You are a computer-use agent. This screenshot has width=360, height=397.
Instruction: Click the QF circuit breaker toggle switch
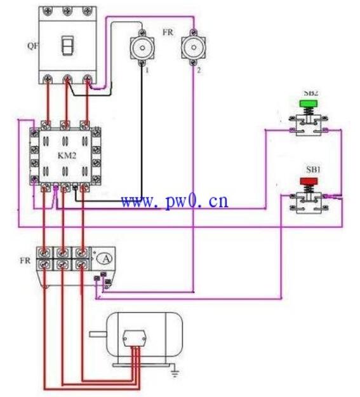[x=68, y=46]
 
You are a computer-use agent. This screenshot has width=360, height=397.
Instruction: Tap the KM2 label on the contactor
[x=67, y=156]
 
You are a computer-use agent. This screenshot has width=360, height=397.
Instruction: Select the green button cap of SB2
[x=309, y=104]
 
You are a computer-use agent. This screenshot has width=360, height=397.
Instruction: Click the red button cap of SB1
[x=309, y=181]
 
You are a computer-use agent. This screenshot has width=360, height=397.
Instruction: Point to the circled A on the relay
[x=106, y=259]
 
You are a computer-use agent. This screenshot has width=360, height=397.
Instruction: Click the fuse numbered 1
[x=142, y=48]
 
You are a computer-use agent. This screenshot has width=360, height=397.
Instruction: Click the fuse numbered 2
[x=194, y=48]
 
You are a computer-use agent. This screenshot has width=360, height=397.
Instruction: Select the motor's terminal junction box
[x=135, y=339]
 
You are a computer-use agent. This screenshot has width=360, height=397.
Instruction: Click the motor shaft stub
[x=98, y=334]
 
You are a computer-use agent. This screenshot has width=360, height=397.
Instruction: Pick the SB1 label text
[x=314, y=170]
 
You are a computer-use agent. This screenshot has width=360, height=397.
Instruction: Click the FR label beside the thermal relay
[x=25, y=260]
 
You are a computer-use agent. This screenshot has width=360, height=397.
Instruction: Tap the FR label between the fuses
[x=168, y=32]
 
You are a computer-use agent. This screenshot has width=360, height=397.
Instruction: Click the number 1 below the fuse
[x=147, y=70]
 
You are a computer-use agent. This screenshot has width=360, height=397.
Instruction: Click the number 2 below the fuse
[x=199, y=70]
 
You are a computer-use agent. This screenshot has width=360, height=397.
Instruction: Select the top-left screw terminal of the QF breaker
[x=47, y=10]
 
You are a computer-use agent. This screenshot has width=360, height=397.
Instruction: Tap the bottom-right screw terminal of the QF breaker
[x=88, y=79]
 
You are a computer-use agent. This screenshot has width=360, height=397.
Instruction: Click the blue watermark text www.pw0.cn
[x=175, y=201]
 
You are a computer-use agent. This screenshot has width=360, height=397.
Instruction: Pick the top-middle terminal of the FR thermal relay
[x=62, y=252]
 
